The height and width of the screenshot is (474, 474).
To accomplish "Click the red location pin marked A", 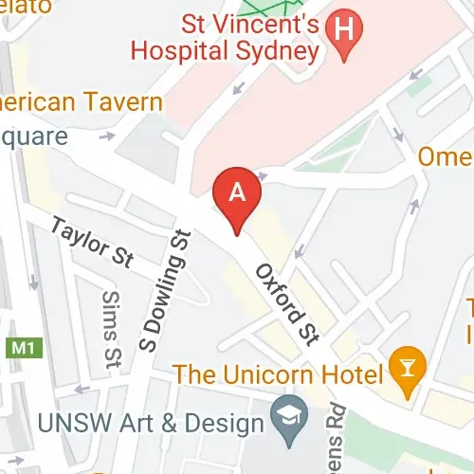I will pos(238,195).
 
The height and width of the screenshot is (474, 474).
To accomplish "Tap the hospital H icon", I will pos(344,28).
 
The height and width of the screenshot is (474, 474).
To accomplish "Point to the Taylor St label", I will pos(93,243).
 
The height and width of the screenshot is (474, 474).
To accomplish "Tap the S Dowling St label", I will pos(164,290).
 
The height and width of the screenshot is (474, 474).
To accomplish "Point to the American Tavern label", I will pos(82,101).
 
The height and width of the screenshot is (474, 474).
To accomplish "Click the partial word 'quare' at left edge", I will pos(34,136).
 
